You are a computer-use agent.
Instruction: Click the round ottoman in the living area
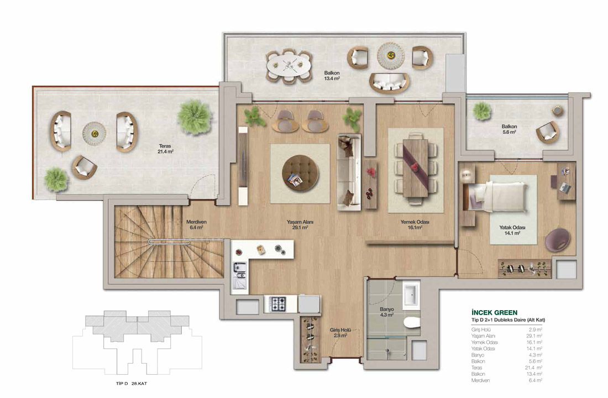[300, 173]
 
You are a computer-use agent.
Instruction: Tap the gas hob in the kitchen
[278, 303]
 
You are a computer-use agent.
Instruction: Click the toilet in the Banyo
[411, 322]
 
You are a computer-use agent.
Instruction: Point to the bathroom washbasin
[411, 295]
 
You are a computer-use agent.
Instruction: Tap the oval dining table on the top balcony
[289, 66]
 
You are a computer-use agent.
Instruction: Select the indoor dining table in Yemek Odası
[415, 168]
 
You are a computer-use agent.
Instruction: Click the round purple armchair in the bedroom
[558, 240]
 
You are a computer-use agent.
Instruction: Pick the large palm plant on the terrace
[195, 117]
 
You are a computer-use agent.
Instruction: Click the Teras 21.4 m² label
[165, 149]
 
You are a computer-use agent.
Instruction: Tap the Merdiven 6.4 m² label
[196, 224]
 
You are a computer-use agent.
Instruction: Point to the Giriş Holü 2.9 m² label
[340, 332]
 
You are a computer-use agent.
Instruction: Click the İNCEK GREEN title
[494, 312]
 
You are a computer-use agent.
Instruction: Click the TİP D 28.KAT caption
[132, 383]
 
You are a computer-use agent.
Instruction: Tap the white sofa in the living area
[349, 172]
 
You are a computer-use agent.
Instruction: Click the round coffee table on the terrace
[94, 134]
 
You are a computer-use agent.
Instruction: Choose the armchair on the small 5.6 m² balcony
[548, 132]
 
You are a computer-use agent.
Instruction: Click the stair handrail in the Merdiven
[169, 242]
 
